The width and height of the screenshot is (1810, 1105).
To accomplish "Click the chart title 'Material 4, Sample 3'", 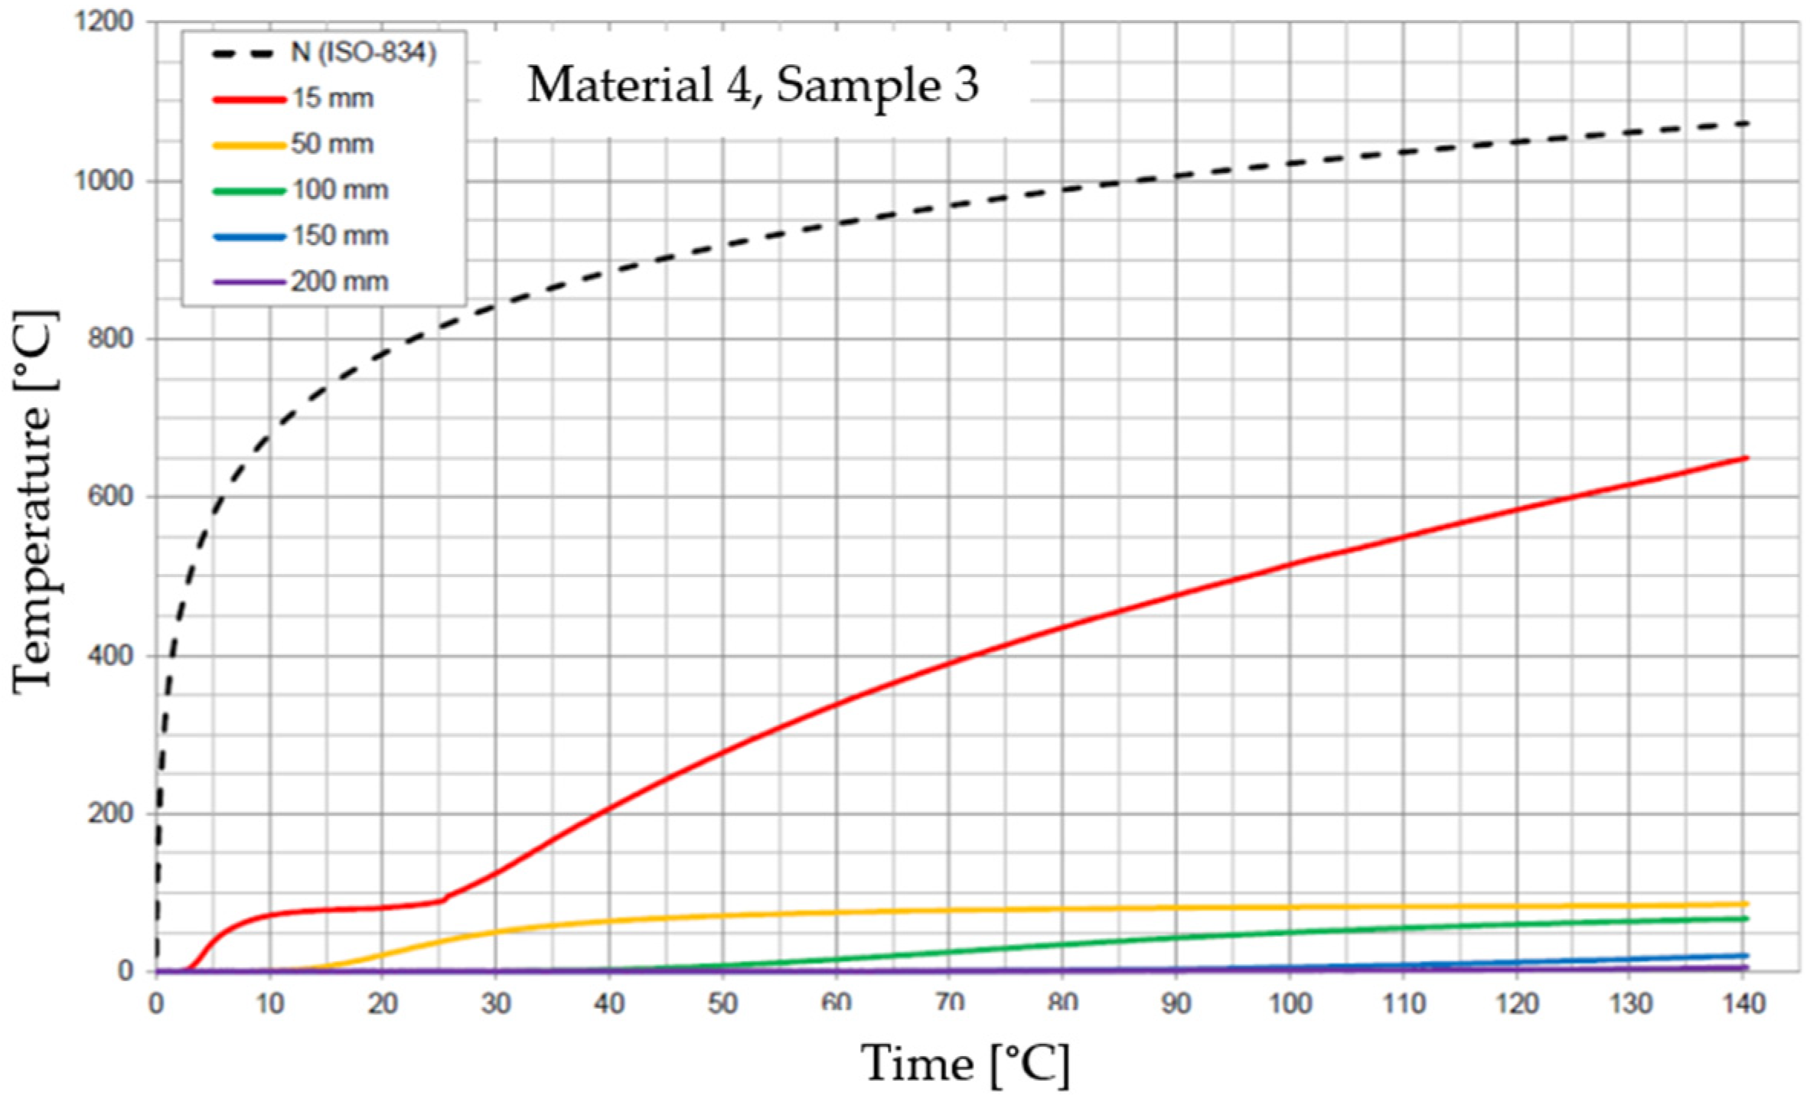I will point(752,85).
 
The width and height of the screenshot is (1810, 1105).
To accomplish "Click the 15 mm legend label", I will point(332,99).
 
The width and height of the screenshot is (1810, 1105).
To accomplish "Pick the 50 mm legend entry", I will point(332,145).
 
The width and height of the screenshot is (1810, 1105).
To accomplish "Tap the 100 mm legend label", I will point(339,190).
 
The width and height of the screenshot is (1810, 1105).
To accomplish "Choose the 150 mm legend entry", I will point(339,236).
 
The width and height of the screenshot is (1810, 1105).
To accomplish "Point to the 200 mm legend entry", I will point(339,282).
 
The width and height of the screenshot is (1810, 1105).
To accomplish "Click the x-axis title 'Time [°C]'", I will point(965,1064).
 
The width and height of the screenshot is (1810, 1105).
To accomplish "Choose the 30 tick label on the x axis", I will point(495,1003).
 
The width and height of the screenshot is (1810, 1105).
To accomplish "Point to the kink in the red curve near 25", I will point(443,899).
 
